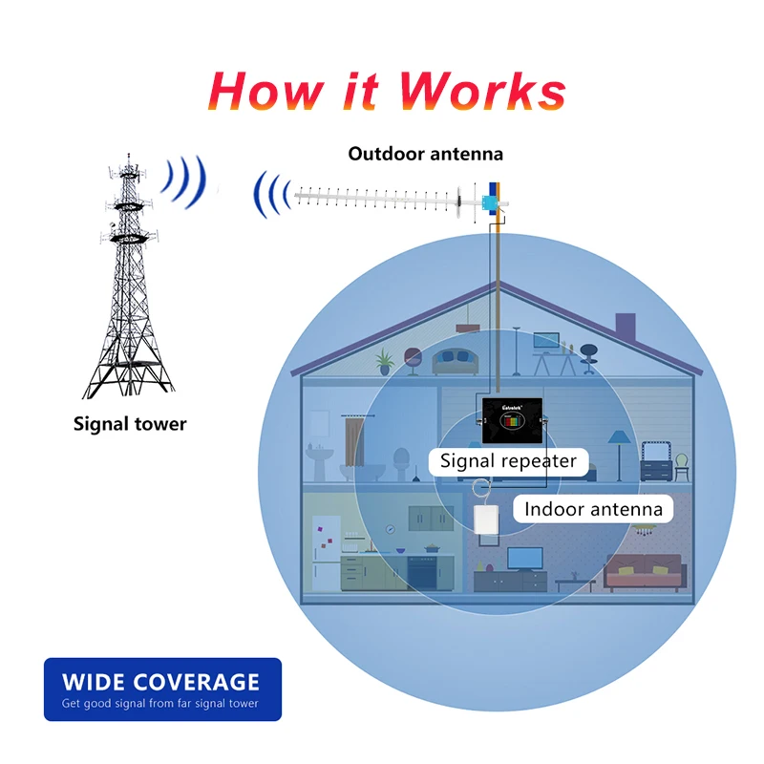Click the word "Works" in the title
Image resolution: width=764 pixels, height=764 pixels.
coord(482,91)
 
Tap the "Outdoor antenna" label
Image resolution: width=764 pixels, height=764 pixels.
coord(425,153)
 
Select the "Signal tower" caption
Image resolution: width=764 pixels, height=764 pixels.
coord(130,423)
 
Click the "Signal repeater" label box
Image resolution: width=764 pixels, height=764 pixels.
coord(508,462)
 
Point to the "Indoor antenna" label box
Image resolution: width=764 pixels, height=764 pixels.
coord(593,509)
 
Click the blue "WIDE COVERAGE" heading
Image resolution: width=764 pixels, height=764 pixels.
coord(160,682)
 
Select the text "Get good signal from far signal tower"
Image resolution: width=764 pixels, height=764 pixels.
coord(160,705)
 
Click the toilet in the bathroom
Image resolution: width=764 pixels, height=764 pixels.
coord(400,468)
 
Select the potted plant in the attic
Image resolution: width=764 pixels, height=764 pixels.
coord(385,361)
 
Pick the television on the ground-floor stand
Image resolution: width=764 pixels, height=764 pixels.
coord(525,559)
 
